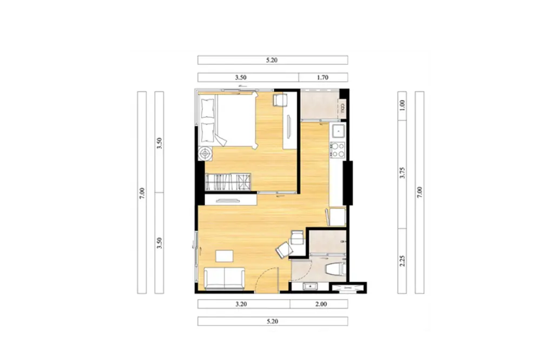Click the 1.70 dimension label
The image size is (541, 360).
coord(322,78)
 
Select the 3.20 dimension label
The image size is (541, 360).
coord(241,304)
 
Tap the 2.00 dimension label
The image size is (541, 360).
coord(321,304)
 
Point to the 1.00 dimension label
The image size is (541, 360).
coord(402,105)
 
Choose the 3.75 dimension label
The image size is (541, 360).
coord(402,172)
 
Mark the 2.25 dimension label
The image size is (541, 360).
coord(402,261)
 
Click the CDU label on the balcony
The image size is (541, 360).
coord(342,109)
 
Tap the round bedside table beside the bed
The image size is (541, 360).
coord(205,154)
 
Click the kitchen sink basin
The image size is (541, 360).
coord(338,131)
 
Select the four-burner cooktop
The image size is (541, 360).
coord(338,150)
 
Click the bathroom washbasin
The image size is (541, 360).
coord(310,286)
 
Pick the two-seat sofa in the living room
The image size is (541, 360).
coord(225,278)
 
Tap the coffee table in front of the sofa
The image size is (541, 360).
coord(225,256)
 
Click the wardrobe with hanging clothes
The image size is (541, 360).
coord(228,182)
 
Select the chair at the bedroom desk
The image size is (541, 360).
coord(279,100)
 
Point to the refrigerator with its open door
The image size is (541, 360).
coord(336,217)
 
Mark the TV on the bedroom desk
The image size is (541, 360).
coord(289,126)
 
